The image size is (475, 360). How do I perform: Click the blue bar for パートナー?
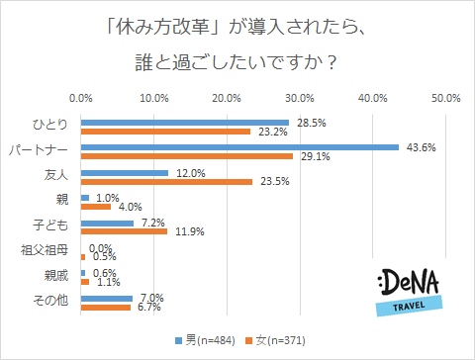point(240,148)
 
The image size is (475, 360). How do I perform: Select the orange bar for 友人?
point(166,181)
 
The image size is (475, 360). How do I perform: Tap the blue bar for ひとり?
point(185,123)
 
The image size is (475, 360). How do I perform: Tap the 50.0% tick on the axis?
point(445,98)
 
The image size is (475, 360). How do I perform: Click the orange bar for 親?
point(96,206)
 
